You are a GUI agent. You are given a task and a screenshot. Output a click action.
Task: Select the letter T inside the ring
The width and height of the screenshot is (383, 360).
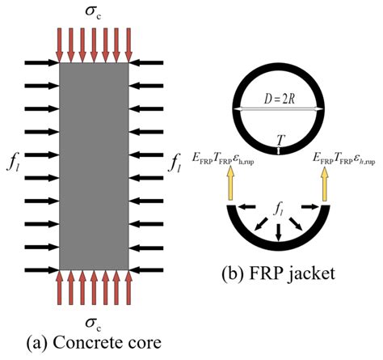click(279, 140)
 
